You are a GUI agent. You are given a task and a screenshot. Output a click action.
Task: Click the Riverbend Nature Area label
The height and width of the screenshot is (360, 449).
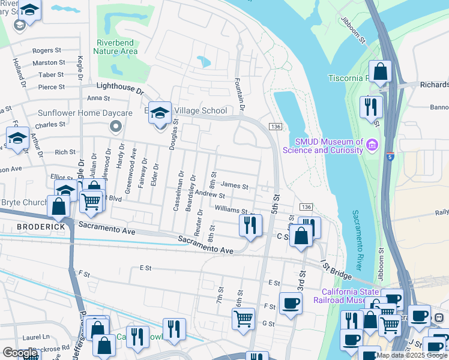(117, 47)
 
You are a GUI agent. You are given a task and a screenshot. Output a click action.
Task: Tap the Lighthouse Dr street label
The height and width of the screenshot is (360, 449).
(121, 89)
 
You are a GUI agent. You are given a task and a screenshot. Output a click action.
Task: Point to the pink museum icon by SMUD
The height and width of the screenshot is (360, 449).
(372, 145)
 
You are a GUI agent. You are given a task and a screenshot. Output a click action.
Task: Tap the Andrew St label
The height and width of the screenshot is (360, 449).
(210, 195)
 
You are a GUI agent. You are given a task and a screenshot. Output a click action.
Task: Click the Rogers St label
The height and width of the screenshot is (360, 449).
(47, 51)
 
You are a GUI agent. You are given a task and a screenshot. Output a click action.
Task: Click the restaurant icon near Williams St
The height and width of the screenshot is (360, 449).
(250, 225)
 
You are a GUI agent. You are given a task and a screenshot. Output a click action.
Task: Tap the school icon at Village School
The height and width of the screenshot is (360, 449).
(160, 112)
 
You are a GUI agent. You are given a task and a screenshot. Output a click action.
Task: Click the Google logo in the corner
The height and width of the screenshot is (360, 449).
(20, 353)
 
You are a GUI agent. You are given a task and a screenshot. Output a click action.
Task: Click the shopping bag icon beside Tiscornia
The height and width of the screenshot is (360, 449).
(380, 71)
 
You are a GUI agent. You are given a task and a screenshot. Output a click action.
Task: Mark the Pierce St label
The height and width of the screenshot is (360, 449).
(51, 87)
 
